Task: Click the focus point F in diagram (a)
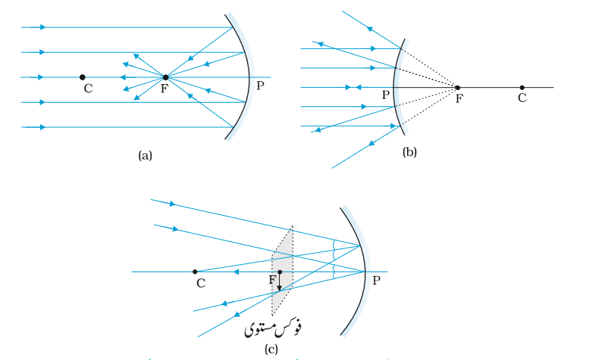(x=165, y=77)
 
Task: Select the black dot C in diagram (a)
(x=83, y=77)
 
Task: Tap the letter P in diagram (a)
(x=260, y=86)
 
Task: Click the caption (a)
(x=145, y=155)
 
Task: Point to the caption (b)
(x=409, y=152)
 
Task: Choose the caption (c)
(x=271, y=349)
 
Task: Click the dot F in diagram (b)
(x=458, y=88)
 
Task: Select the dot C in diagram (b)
(x=522, y=88)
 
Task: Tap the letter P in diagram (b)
(x=386, y=95)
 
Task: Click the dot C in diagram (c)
(x=195, y=271)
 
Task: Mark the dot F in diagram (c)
(x=280, y=271)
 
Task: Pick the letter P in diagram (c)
(x=376, y=280)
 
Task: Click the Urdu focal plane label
(x=273, y=328)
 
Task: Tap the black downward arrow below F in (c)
(x=279, y=282)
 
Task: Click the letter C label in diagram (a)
(x=89, y=89)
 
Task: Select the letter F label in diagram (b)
(x=459, y=98)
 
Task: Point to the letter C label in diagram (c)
(x=201, y=283)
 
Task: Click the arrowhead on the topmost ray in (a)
(x=42, y=27)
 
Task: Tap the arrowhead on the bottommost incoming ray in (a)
(x=42, y=127)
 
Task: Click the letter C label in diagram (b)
(x=522, y=98)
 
